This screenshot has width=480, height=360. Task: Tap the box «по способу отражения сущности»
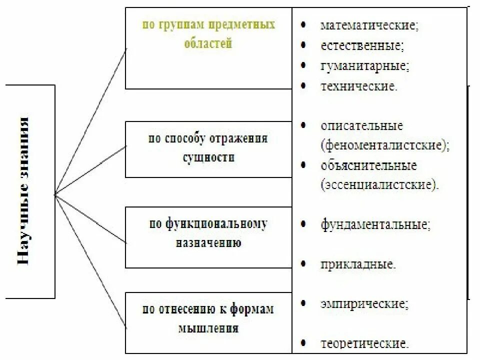click(x=208, y=148)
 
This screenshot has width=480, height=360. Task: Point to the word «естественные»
click(x=362, y=45)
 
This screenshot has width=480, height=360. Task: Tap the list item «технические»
click(x=359, y=85)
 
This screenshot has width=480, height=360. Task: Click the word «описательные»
click(x=362, y=125)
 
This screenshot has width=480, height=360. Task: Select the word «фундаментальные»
click(x=375, y=224)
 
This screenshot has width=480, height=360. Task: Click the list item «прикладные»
click(x=358, y=263)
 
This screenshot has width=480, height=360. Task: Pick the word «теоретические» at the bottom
click(x=365, y=343)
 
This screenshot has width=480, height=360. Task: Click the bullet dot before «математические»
click(x=303, y=24)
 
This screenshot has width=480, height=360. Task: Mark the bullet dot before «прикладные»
click(x=303, y=263)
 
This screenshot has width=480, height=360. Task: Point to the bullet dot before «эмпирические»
click(x=303, y=303)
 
